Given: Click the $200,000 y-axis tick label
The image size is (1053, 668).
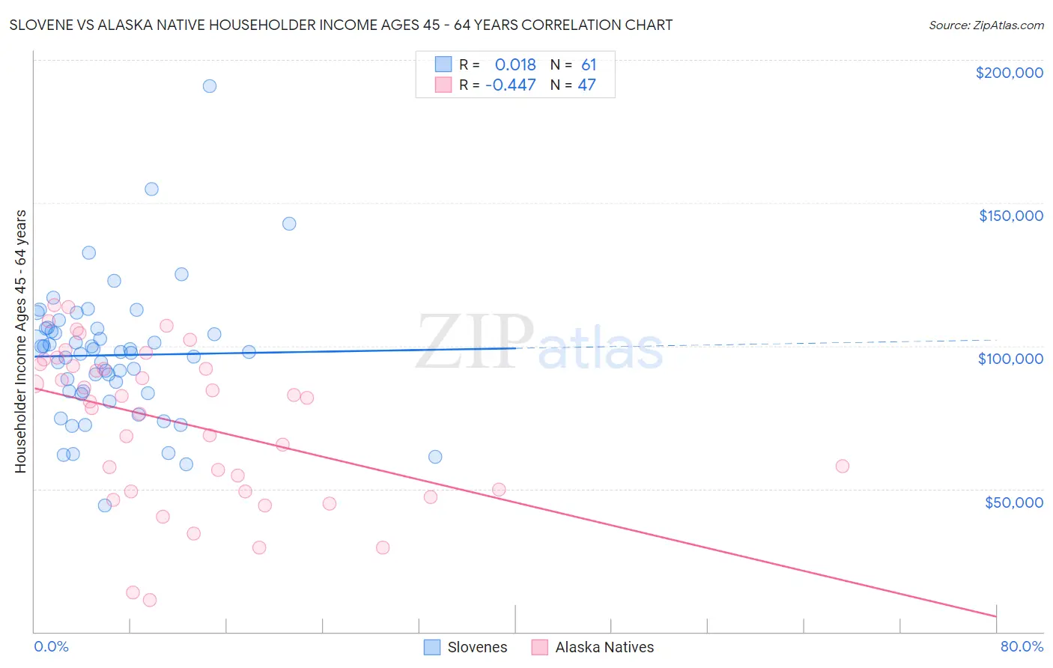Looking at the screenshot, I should [x=1009, y=73].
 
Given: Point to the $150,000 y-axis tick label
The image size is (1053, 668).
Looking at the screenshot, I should [x=1010, y=216].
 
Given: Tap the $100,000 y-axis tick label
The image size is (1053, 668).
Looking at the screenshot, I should [x=1010, y=359].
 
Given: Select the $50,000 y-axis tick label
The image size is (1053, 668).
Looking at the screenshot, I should [x=1013, y=502].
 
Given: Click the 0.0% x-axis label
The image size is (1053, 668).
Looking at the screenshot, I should [x=51, y=646].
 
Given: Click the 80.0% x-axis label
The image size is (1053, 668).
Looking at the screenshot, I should [x=1022, y=646].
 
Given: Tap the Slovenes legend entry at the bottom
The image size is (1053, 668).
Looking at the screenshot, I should [x=465, y=647].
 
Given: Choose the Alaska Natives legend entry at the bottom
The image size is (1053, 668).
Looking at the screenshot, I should [x=592, y=647].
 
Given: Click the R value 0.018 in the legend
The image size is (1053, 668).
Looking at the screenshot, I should [x=515, y=64].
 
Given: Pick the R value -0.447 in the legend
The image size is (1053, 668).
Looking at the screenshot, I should [x=511, y=85].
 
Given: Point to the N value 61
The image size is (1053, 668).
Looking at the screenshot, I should [x=589, y=64].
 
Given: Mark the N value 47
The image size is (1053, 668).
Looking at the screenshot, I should [x=586, y=85].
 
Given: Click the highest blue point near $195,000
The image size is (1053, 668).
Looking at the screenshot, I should [x=210, y=86].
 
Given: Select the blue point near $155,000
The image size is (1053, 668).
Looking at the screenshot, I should [x=151, y=189].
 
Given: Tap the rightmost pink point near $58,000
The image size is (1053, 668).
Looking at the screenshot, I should [x=843, y=467].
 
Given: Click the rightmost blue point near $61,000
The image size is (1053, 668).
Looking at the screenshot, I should [x=435, y=457].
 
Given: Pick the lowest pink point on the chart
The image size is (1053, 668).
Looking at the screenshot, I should [x=150, y=600].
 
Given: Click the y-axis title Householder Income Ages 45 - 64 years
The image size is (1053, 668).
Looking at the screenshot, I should [x=21, y=341].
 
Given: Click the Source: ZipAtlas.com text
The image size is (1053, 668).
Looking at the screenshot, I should [x=986, y=25].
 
